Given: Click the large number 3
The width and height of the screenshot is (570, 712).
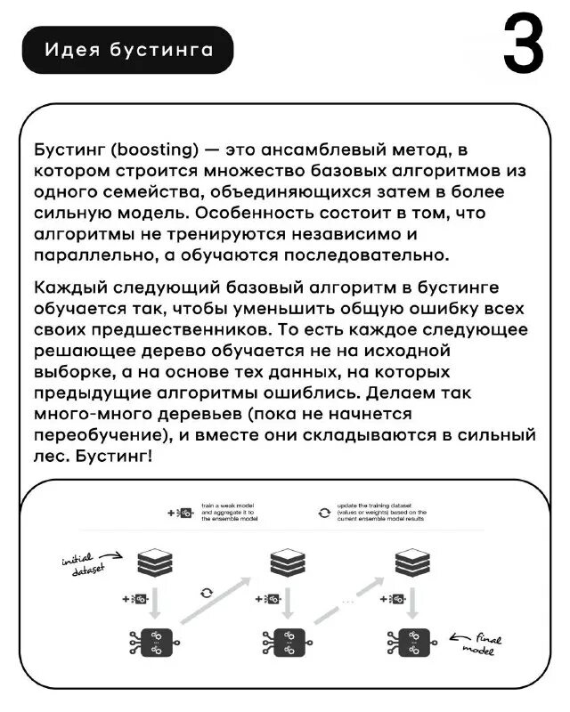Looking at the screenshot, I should (523, 45).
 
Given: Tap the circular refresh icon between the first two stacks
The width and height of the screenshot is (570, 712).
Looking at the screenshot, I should (207, 592).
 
